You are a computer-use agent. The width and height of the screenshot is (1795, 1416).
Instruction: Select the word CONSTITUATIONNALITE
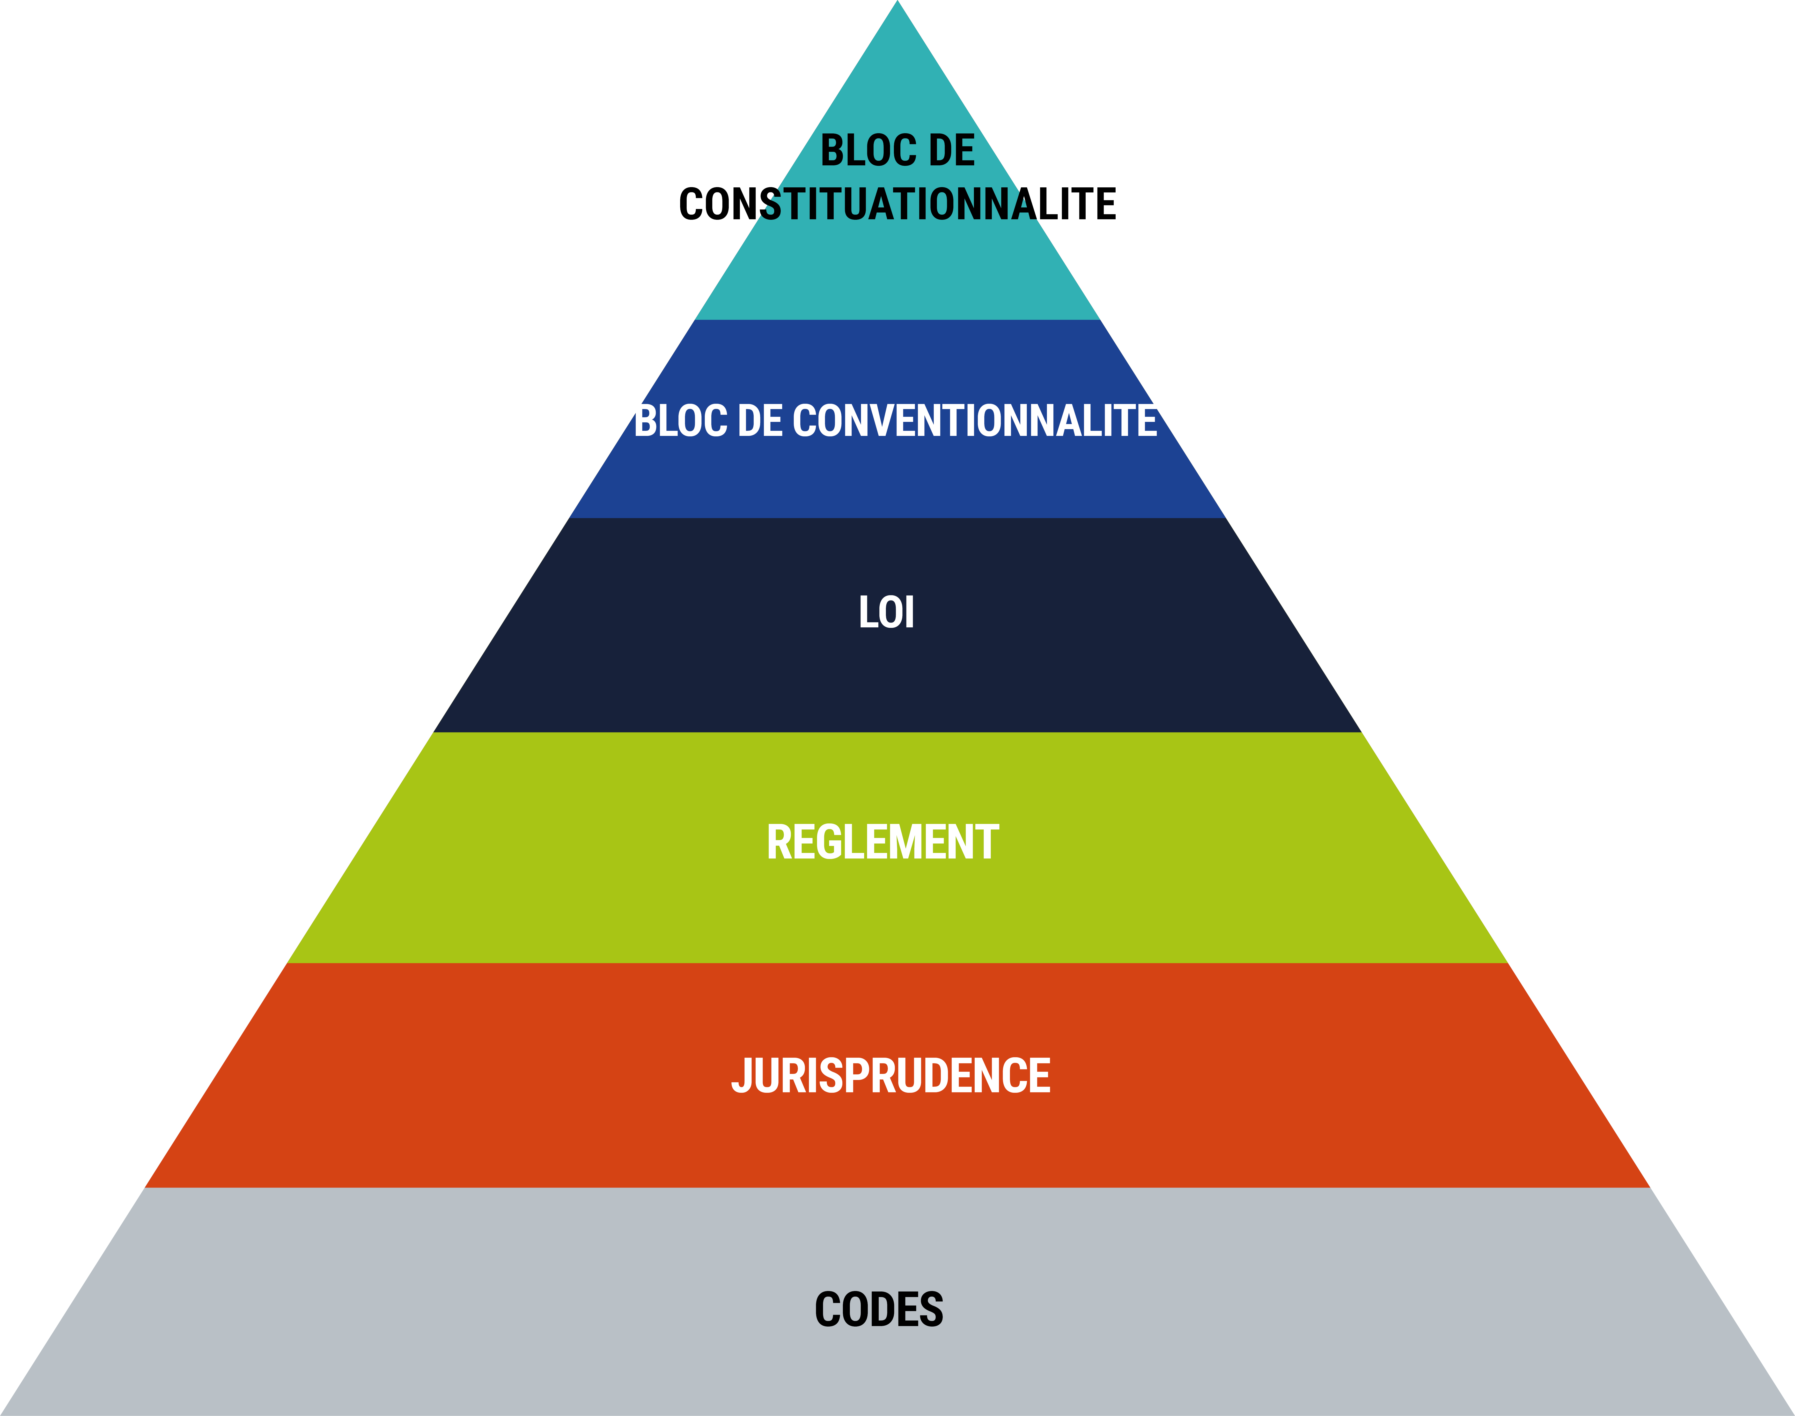tap(897, 204)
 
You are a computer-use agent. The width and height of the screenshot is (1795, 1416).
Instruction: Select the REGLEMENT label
tap(883, 842)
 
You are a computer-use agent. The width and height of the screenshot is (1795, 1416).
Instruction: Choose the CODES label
tap(879, 1310)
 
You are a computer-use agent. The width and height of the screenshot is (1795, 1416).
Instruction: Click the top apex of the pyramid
tap(897, 1)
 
